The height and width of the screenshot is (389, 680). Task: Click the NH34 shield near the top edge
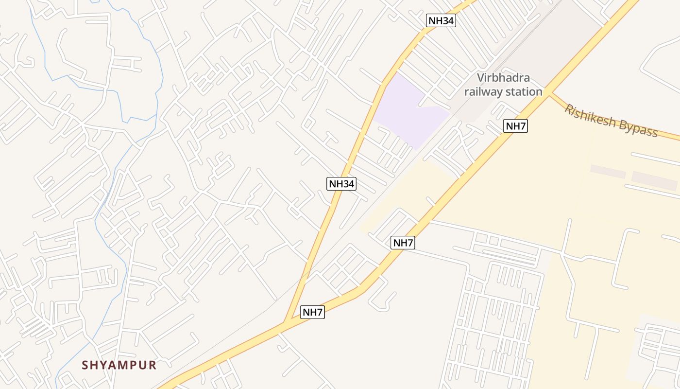point(441,20)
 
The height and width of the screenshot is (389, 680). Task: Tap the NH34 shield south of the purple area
point(341,184)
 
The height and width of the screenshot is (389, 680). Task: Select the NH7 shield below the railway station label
point(515,126)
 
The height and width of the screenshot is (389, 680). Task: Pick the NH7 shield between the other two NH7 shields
point(403,243)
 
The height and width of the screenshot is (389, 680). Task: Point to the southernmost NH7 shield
point(312,312)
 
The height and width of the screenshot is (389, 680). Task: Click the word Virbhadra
point(503,78)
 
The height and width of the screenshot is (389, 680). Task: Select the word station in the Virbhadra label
point(524,91)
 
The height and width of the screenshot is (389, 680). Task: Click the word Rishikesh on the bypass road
point(590,117)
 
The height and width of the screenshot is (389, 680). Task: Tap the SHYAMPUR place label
point(119,365)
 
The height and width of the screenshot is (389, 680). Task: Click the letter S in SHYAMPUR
point(85,365)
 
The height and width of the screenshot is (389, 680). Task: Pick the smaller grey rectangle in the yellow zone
point(608,172)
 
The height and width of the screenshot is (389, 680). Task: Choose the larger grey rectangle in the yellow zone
point(654,181)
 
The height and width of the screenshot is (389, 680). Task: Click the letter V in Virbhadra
point(480,78)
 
